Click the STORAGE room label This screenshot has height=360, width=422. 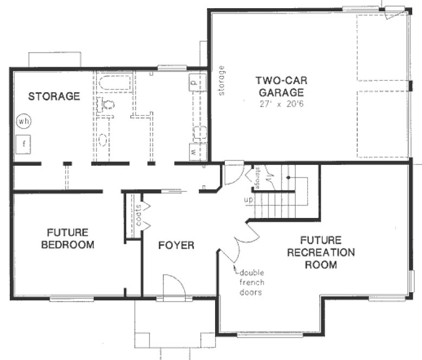[x=54, y=97]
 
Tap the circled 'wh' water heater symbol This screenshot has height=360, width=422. [x=23, y=121]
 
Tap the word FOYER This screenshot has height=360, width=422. [x=176, y=246]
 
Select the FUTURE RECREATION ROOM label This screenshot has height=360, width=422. [x=320, y=252]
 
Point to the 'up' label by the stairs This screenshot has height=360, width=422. [x=249, y=200]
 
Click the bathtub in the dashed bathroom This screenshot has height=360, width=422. [x=115, y=83]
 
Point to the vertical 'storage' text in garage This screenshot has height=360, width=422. [x=221, y=81]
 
